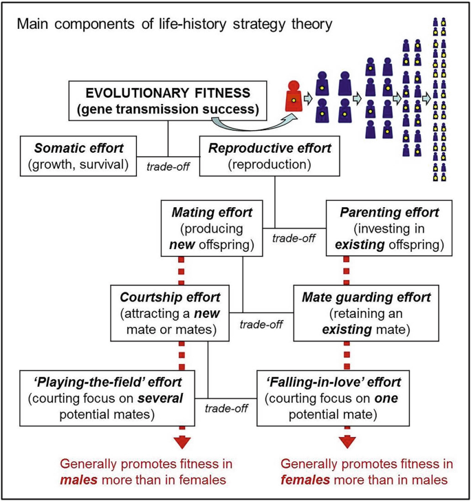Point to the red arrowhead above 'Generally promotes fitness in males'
coord(183,443)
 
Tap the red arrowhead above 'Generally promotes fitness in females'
coord(345,443)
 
